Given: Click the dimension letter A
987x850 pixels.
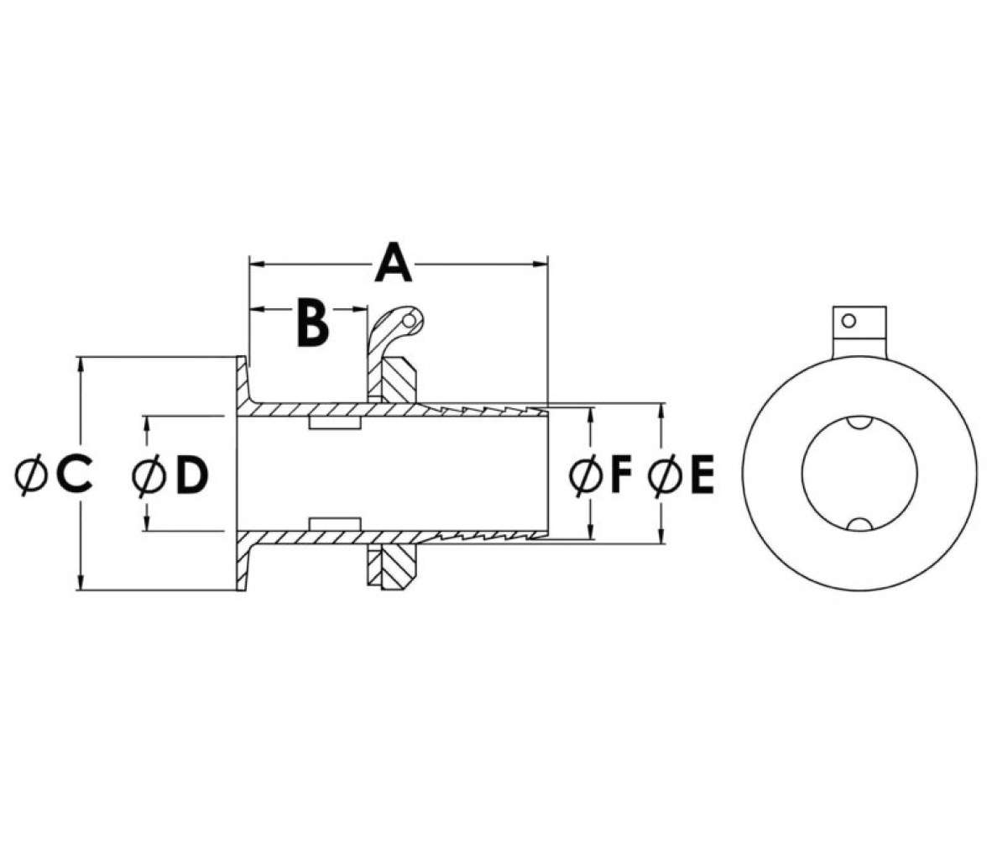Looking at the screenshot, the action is tap(394, 261).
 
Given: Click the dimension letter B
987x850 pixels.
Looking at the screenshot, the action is tap(313, 325).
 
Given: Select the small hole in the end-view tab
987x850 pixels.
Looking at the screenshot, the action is tap(849, 321).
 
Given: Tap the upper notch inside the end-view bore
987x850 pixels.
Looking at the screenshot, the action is tap(859, 422).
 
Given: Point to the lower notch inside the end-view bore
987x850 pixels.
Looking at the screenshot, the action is tap(859, 525).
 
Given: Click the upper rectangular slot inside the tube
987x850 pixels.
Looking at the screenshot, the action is tap(335, 422).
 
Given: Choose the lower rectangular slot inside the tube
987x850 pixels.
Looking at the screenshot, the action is tap(335, 524).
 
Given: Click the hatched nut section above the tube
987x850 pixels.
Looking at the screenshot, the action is tap(399, 380).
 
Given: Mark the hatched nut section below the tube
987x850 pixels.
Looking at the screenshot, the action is tap(399, 567).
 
